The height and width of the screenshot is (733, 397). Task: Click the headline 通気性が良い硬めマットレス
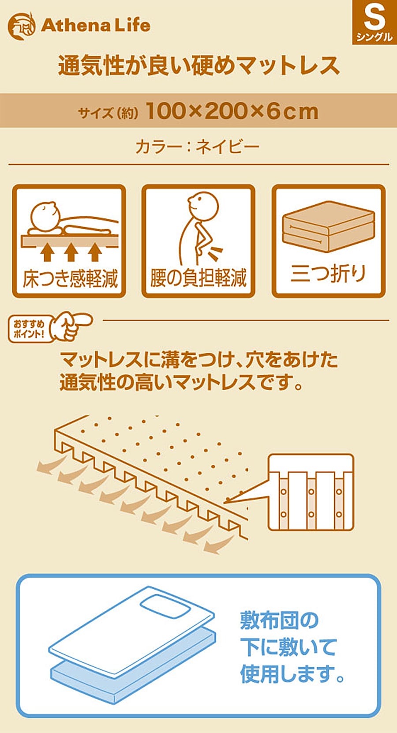pyautogui.click(x=199, y=65)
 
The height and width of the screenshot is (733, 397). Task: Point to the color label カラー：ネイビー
pyautogui.click(x=198, y=147)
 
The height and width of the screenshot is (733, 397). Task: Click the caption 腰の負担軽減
pyautogui.click(x=198, y=278)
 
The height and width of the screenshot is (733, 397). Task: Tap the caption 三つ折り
pyautogui.click(x=328, y=274)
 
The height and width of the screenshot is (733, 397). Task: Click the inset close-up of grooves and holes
pyautogui.click(x=311, y=492)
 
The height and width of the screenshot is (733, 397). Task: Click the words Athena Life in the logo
pyautogui.click(x=96, y=26)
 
